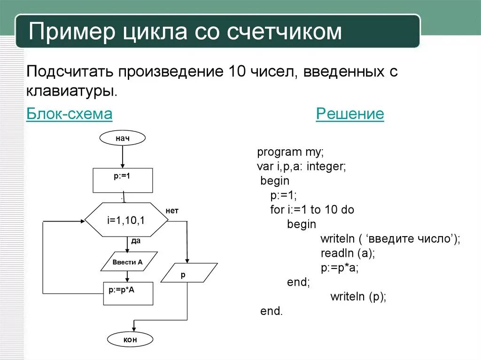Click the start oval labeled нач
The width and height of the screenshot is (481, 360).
[x=122, y=138]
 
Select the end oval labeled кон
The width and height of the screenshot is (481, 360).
[x=131, y=339]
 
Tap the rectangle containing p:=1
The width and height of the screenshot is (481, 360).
[x=123, y=180]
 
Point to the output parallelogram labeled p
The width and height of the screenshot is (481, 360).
[x=188, y=272]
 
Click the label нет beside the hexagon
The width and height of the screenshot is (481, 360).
[x=172, y=211]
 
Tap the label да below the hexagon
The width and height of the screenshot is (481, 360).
[x=136, y=241]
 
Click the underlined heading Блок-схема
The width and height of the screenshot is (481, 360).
[x=69, y=114]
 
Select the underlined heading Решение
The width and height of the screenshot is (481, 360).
[x=349, y=114]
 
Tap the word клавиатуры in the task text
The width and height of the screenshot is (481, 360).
[x=71, y=90]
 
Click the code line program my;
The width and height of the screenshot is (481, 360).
[x=290, y=152]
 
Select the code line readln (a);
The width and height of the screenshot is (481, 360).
[x=347, y=253]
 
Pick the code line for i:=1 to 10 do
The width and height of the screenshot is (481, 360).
[x=312, y=209]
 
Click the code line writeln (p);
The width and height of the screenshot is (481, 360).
[x=358, y=297]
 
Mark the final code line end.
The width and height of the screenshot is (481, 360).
[x=272, y=311]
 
